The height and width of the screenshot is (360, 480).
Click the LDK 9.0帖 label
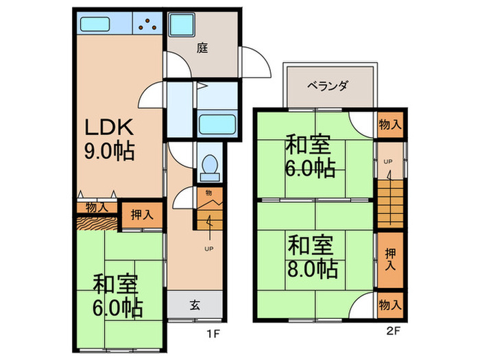click(x=110, y=139)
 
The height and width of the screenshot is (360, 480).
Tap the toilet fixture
click(x=209, y=166)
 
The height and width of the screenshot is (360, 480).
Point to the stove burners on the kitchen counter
click(x=147, y=25)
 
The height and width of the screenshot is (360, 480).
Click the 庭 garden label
click(x=202, y=48)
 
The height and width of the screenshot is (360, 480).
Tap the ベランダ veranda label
click(x=328, y=86)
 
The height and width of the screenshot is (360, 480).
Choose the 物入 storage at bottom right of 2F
click(x=390, y=304)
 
